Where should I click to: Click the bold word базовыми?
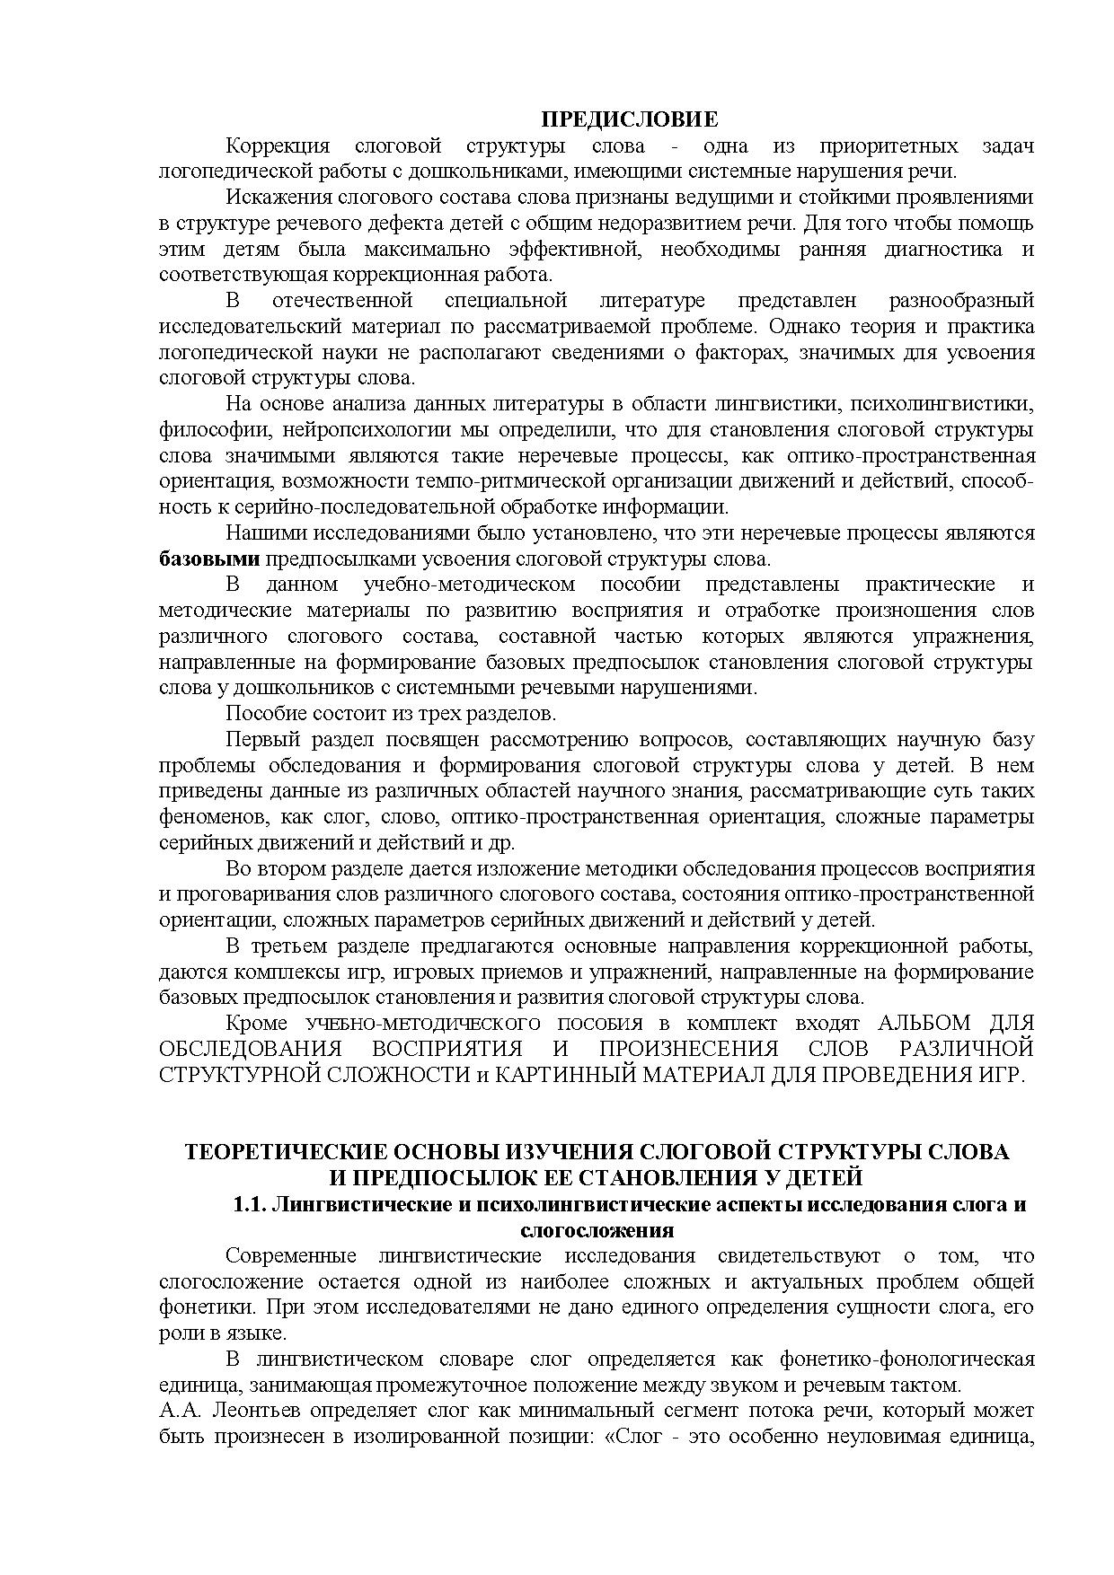pyautogui.click(x=208, y=559)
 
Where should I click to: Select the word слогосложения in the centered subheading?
pyautogui.click(x=597, y=1230)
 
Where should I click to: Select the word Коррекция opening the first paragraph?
pyautogui.click(x=277, y=146)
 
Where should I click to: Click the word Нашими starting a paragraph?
pyautogui.click(x=266, y=532)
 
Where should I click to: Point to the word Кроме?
pyautogui.click(x=256, y=1023)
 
